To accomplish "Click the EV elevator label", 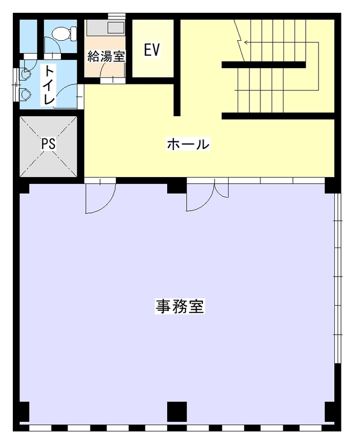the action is tap(151, 50).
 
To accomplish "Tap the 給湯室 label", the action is tap(106, 56).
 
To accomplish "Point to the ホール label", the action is tap(188, 144).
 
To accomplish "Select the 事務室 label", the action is tap(179, 306).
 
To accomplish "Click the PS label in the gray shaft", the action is tap(49, 144).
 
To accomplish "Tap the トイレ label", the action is tap(50, 85).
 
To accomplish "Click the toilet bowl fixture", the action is tap(64, 33).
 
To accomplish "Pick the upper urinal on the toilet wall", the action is tap(26, 74).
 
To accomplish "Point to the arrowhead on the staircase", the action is tap(246, 42).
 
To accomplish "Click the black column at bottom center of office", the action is tap(177, 412).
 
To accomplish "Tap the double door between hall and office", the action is tap(207, 194).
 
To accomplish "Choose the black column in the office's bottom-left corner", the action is tap(25, 412).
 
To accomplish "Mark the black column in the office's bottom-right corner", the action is tap(330, 412).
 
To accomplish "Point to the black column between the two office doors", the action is tap(177, 186).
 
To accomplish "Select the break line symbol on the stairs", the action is tap(240, 40).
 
